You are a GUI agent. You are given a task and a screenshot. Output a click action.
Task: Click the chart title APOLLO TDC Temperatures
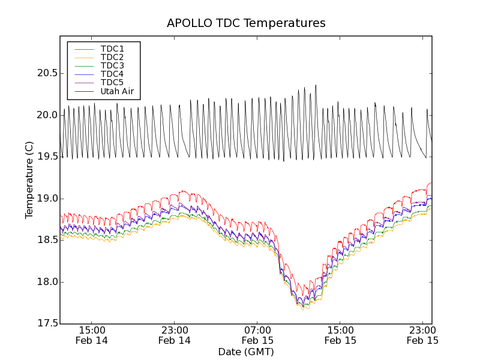tap(246, 23)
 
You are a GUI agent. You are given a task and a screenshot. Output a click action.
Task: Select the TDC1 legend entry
tap(112, 49)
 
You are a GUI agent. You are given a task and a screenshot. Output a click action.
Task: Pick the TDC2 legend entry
tap(112, 57)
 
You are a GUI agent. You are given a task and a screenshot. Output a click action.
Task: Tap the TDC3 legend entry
tap(112, 65)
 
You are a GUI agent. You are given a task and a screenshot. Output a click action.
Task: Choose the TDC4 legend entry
tap(112, 74)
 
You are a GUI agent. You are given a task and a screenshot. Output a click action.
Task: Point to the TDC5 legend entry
tap(112, 83)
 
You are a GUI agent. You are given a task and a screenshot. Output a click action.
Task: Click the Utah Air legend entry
tap(117, 92)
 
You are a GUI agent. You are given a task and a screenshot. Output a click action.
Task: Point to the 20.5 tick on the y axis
tap(46, 73)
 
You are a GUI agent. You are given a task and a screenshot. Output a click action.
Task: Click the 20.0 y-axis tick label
tap(46, 115)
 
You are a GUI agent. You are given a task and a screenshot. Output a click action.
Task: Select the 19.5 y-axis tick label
tap(46, 157)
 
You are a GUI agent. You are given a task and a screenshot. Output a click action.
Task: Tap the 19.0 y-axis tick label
tap(46, 199)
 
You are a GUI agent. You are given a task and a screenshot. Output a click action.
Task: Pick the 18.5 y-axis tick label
tap(46, 240)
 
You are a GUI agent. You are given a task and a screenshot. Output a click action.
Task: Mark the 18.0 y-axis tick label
tap(46, 282)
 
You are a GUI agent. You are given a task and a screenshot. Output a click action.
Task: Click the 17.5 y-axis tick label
tap(46, 324)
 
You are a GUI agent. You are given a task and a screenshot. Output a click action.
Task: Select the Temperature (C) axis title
tap(29, 180)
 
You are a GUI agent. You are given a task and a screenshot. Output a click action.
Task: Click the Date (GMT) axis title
tap(246, 352)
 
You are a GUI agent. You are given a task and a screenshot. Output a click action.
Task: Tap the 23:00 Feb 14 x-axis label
tap(175, 335)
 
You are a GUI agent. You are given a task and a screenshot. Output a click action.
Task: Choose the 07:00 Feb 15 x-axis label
tap(257, 335)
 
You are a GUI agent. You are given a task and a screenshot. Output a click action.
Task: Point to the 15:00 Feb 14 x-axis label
tap(92, 335)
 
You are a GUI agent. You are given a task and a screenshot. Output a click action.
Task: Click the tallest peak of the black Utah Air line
tap(316, 85)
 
